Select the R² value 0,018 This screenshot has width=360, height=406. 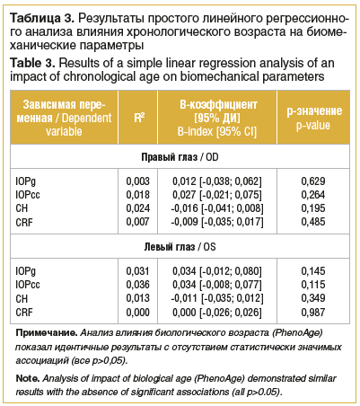click(137, 195)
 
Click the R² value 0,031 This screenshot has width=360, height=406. click(137, 271)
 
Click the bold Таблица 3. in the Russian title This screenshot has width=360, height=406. click(41, 16)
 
